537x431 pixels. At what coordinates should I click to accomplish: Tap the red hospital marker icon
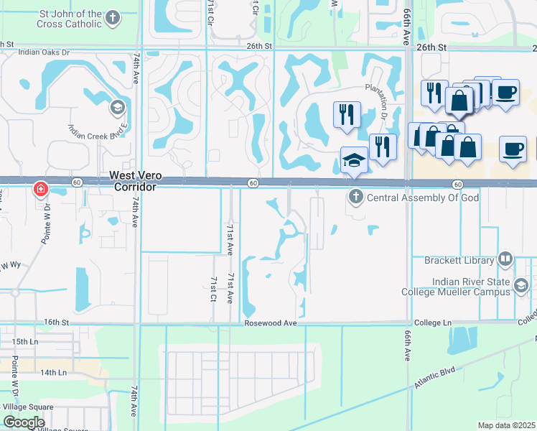point(41,189)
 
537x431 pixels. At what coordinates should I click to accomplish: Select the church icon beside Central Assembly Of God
point(355,197)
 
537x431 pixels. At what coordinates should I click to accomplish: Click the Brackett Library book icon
point(505,259)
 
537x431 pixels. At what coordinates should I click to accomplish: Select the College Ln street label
point(434,323)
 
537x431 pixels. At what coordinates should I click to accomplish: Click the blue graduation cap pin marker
point(354,159)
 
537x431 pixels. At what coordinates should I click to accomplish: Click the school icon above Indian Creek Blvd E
point(116,108)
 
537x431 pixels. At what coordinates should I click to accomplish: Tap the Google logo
point(24,422)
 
